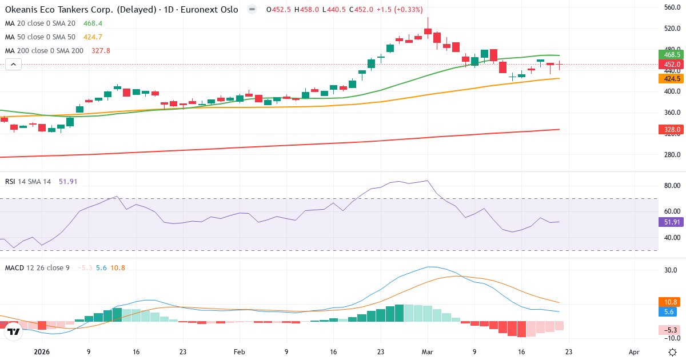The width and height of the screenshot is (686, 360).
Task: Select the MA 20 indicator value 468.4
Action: (92, 23)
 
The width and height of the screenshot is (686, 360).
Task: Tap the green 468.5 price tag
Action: (672, 55)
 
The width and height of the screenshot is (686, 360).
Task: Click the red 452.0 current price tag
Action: (672, 65)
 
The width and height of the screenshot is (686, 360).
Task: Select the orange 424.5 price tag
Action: (672, 79)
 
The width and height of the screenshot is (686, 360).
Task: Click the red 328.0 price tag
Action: (672, 130)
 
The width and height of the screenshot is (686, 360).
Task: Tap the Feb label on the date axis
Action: (239, 353)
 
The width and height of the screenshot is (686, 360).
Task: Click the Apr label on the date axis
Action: (633, 353)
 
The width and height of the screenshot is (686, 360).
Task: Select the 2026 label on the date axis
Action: (42, 353)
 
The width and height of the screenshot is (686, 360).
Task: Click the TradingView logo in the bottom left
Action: (14, 331)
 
